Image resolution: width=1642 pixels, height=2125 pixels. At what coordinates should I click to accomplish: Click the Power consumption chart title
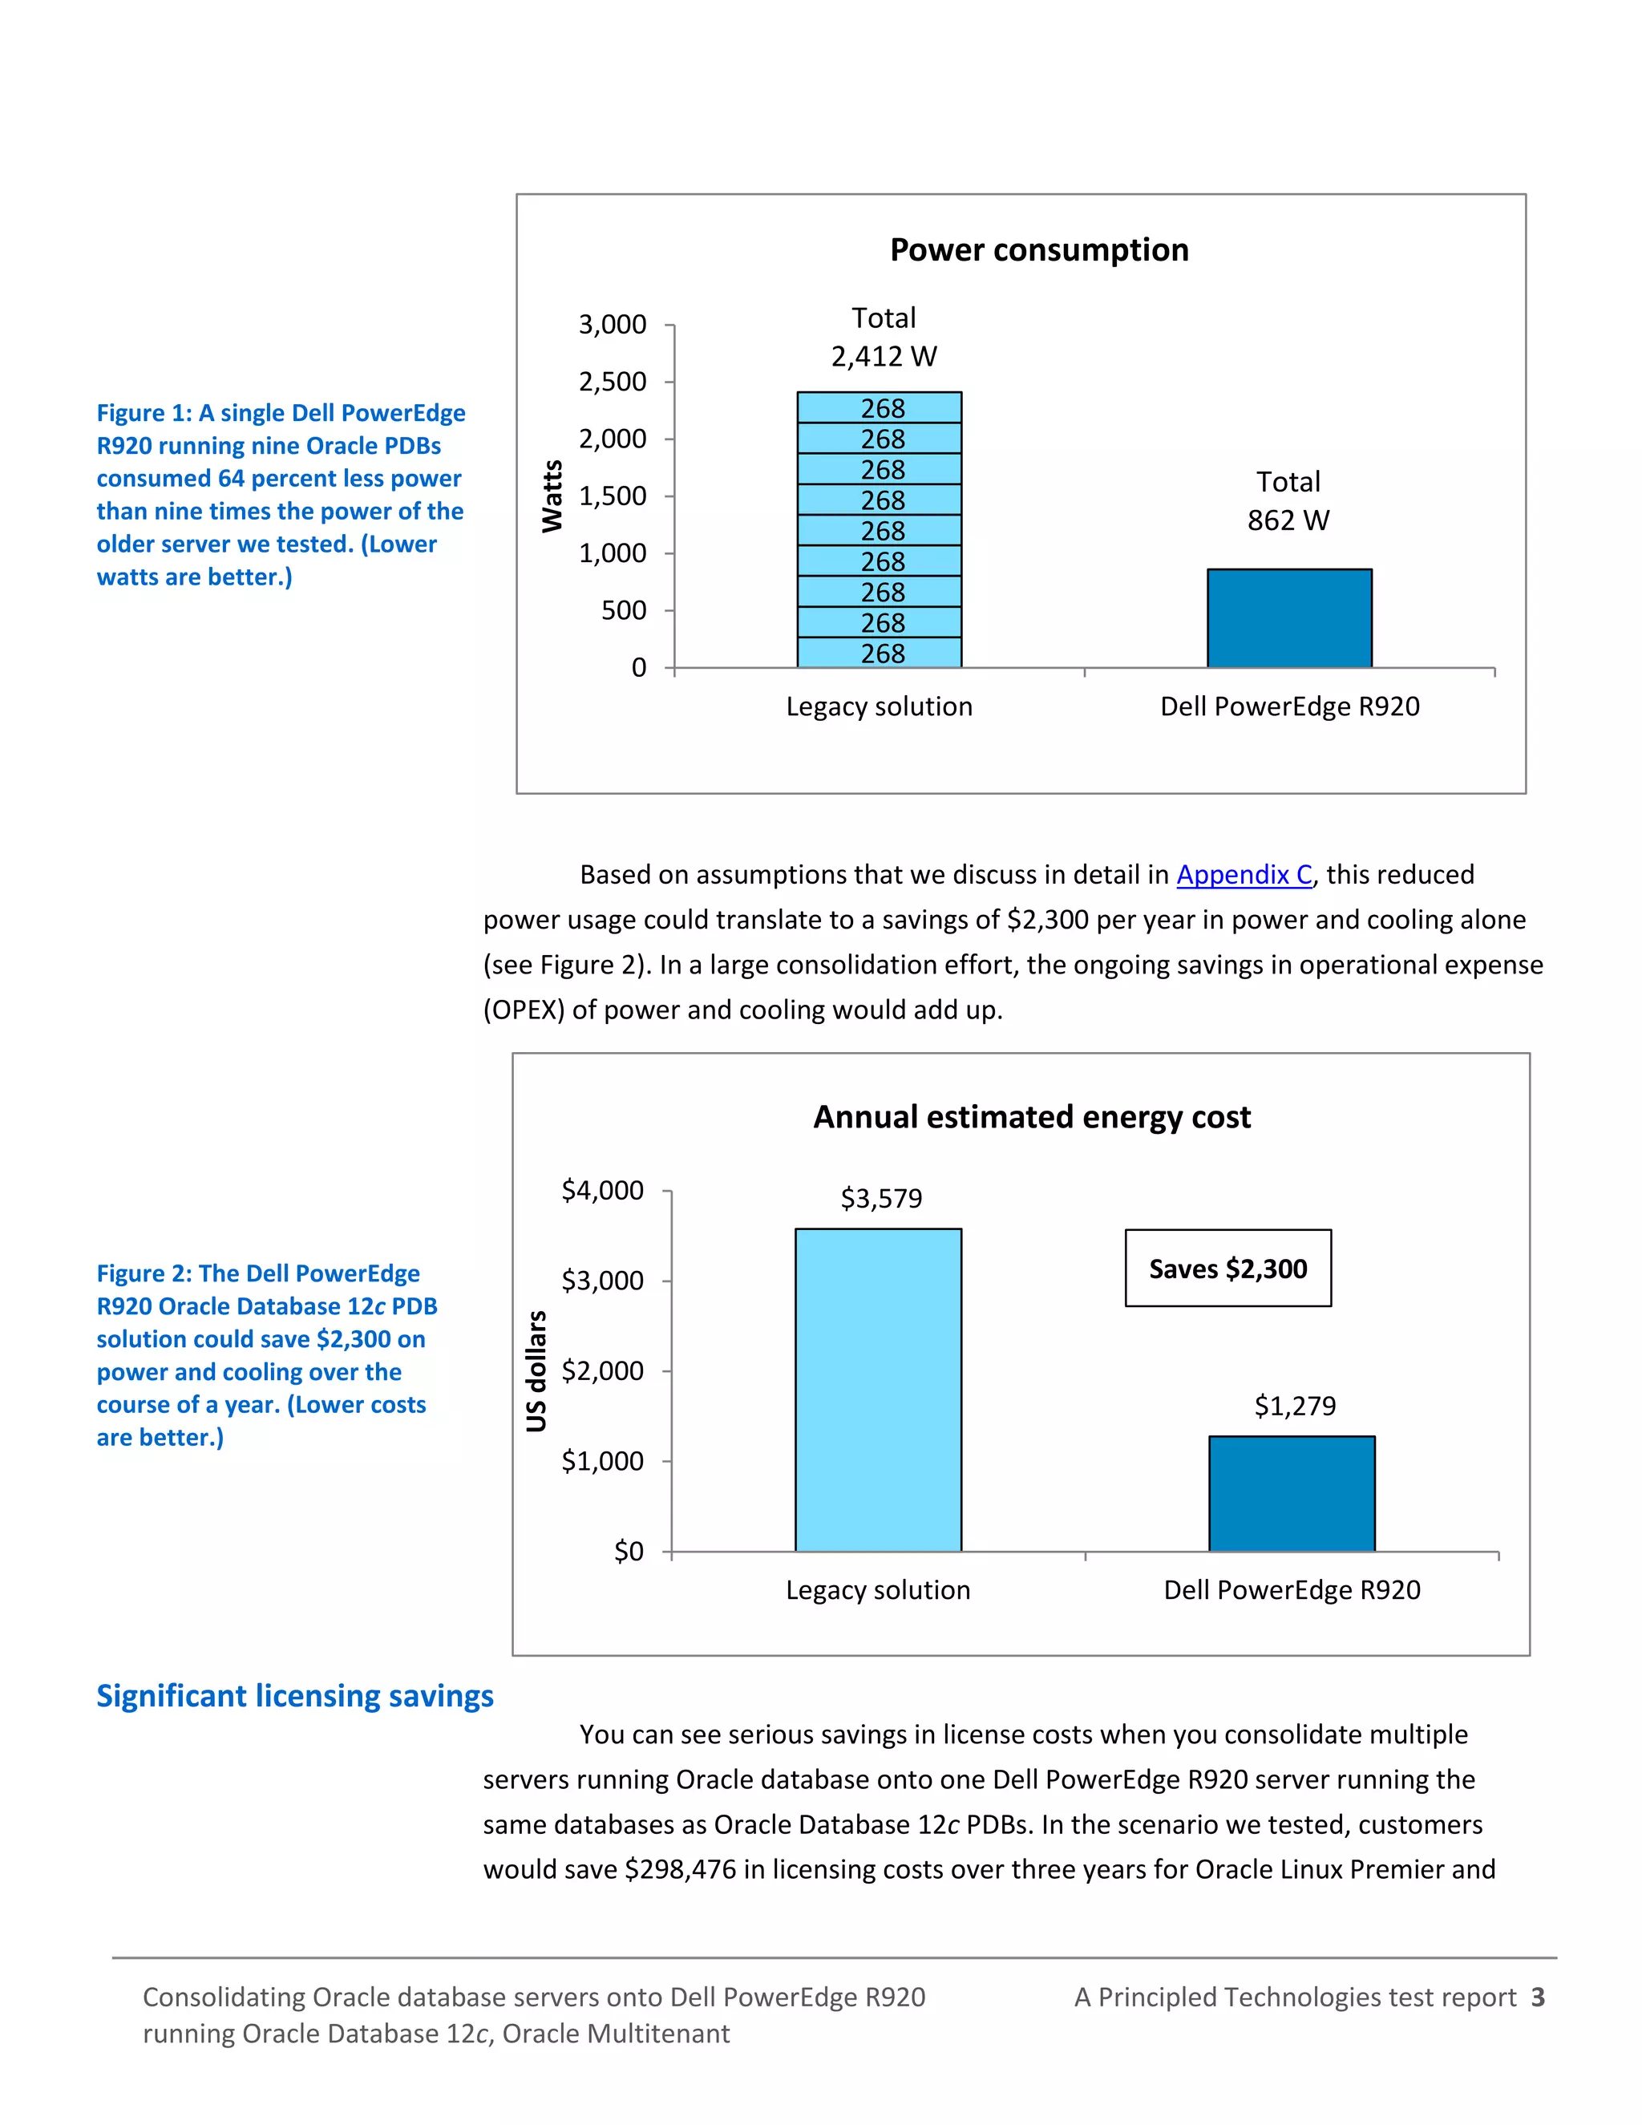tap(1039, 250)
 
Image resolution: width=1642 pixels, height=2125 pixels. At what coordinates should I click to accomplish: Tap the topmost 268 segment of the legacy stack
tap(880, 407)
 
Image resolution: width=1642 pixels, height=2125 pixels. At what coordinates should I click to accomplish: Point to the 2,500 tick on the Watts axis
tap(612, 382)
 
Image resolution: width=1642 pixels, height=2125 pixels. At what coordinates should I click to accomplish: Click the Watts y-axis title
tap(552, 496)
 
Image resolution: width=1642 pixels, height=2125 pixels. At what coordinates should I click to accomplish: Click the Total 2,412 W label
tap(884, 338)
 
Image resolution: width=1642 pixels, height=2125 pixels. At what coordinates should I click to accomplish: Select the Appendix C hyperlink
tap(1244, 875)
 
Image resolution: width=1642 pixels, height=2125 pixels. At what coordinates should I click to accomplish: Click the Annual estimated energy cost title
tap(1031, 1117)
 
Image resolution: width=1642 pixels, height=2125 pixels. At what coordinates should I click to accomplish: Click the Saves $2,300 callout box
tap(1227, 1269)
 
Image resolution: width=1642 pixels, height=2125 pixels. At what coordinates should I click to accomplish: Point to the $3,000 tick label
tap(602, 1281)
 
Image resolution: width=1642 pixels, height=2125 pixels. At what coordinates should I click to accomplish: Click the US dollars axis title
tap(536, 1371)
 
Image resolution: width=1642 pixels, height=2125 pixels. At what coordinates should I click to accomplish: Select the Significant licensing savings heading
tap(295, 1696)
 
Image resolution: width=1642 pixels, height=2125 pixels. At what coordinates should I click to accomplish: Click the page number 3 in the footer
tap(1537, 1997)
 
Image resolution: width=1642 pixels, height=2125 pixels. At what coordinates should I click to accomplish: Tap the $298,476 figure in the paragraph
tap(680, 1869)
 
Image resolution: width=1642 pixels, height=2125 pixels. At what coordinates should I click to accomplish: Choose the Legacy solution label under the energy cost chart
tap(877, 1590)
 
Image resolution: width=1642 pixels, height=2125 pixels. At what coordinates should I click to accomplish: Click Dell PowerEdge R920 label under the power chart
tap(1289, 706)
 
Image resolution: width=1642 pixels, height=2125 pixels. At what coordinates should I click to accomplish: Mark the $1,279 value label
tap(1295, 1406)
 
